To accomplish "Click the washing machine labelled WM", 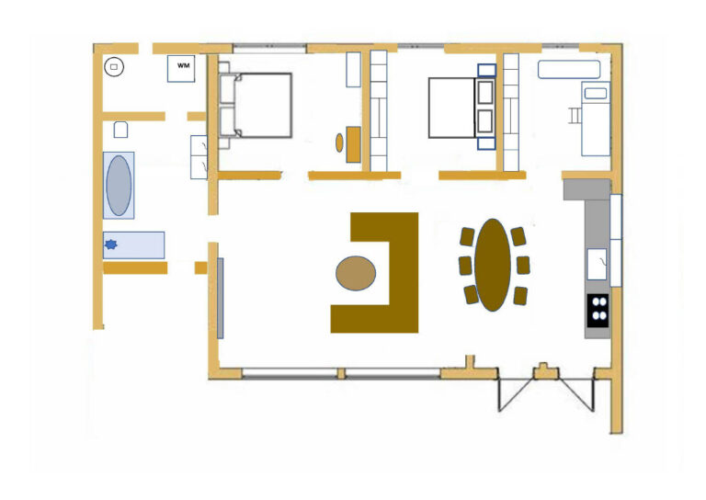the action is click(181, 68).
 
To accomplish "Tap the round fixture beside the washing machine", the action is click(114, 67).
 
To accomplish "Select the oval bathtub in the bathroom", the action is click(119, 186).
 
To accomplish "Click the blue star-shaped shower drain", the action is click(110, 244).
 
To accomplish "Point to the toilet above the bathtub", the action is click(120, 130).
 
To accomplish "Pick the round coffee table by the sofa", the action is click(356, 273).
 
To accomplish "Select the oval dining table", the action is click(493, 265).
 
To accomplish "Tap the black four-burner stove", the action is click(598, 311).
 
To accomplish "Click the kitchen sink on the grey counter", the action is click(597, 264).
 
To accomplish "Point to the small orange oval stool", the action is click(339, 142).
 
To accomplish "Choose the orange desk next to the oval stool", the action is click(353, 144).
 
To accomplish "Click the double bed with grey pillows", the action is click(256, 106).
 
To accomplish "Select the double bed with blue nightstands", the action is click(462, 108).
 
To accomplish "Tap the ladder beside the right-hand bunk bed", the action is click(575, 115).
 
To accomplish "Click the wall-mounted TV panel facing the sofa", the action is click(221, 298).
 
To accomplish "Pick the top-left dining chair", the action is click(467, 237).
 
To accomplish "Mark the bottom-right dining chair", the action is click(520, 296).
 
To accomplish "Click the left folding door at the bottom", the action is click(515, 392).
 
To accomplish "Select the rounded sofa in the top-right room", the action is click(569, 70).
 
